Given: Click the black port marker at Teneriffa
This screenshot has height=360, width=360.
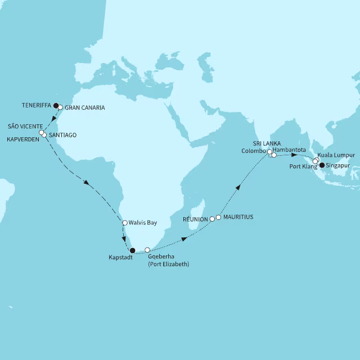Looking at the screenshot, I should coord(56,105).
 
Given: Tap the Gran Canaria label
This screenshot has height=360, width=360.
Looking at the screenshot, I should coord(85,107).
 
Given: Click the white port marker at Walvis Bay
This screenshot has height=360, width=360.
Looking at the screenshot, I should coord(125,223).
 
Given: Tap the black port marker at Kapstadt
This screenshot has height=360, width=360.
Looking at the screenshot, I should coord(132,251).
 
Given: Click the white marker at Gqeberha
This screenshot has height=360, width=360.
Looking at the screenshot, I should coord(147,250).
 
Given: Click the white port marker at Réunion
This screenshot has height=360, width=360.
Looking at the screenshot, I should coord(212,219).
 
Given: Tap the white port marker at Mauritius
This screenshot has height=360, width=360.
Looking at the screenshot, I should coord(219,217).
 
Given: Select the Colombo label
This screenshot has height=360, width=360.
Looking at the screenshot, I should coord(254,151).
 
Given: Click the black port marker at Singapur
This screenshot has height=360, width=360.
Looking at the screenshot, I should coord(322,165).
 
